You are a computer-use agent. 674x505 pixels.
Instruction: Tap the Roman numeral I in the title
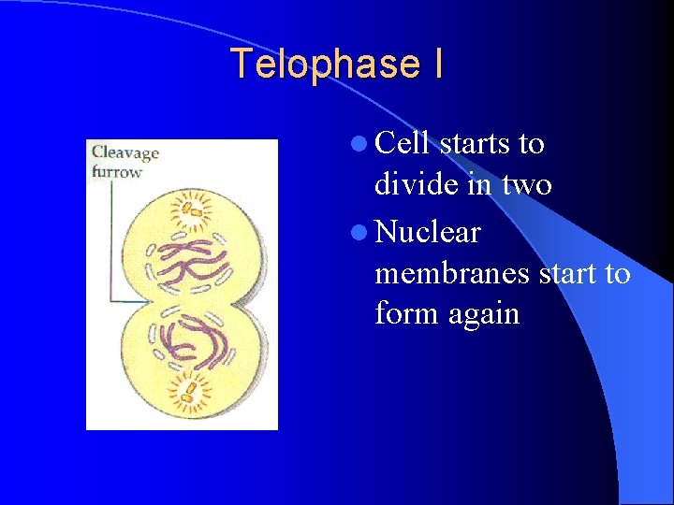pos(437,65)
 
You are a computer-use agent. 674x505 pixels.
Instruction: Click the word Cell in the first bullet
pos(403,144)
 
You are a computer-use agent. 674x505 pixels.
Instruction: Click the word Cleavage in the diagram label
pos(125,152)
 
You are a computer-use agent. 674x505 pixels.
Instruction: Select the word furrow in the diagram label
pos(117,171)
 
